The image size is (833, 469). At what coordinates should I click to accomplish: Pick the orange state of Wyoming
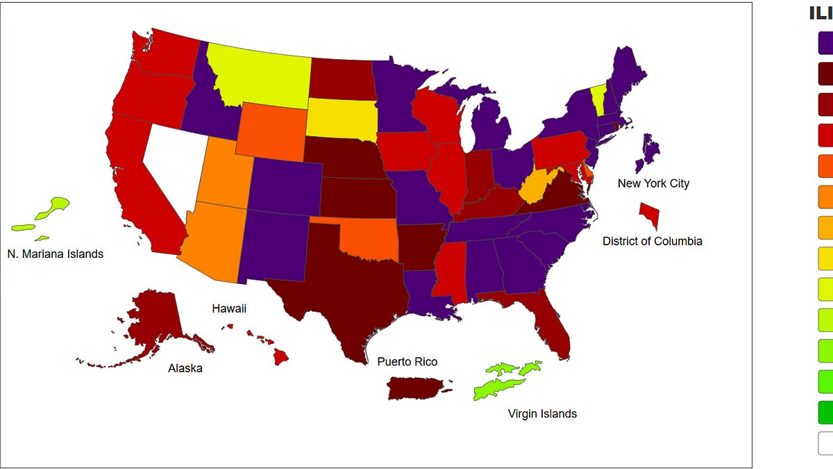click(x=271, y=132)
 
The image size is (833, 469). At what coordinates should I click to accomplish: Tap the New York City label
click(x=653, y=183)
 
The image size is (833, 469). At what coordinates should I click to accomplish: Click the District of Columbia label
click(x=652, y=241)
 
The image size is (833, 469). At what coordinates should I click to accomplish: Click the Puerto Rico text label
click(x=407, y=361)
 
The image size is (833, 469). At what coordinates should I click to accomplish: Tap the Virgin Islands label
click(x=542, y=413)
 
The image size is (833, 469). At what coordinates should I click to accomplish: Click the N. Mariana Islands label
click(x=55, y=254)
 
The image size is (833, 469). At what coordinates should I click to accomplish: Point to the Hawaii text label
click(x=229, y=308)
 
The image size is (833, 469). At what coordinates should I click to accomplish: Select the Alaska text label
click(x=185, y=368)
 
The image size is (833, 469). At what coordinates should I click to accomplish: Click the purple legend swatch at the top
click(x=826, y=44)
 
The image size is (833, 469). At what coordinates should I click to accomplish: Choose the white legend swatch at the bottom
click(x=826, y=443)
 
